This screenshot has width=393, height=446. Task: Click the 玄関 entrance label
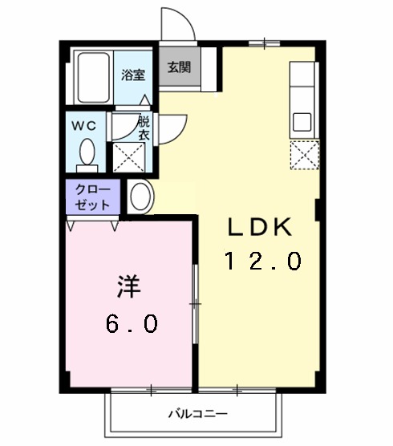pyautogui.click(x=179, y=67)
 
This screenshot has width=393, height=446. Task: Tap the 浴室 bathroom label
pyautogui.click(x=133, y=76)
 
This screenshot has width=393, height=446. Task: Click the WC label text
pyautogui.click(x=87, y=126)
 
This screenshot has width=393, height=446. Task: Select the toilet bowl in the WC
pyautogui.click(x=87, y=152)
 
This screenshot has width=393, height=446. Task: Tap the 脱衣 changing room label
pyautogui.click(x=144, y=129)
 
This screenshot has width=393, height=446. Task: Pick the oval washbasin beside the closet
pyautogui.click(x=139, y=197)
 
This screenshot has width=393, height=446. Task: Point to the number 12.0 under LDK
pyautogui.click(x=262, y=261)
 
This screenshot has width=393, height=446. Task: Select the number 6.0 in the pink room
pyautogui.click(x=132, y=323)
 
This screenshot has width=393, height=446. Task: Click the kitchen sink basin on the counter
pyautogui.click(x=302, y=122)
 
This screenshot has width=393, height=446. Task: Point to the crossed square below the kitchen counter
pyautogui.click(x=305, y=154)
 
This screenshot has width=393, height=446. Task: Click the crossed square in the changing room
pyautogui.click(x=127, y=157)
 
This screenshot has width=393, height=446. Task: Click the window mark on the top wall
pyautogui.click(x=262, y=42)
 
